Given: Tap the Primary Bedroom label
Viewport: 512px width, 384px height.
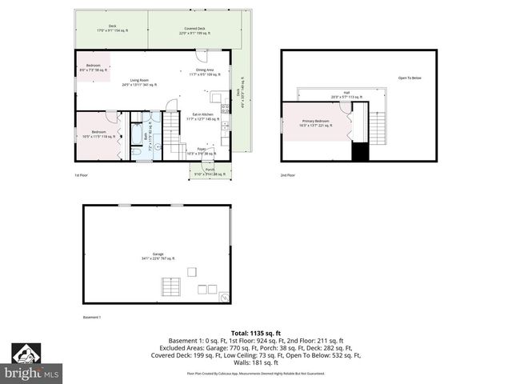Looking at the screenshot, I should click(314, 123).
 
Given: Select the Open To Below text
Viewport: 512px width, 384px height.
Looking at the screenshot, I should click(410, 78).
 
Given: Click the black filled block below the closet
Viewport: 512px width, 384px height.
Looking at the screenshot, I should click(360, 152).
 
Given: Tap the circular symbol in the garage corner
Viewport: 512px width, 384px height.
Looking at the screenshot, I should click(224, 297).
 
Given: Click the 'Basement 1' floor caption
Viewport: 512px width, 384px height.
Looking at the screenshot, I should click(93, 318).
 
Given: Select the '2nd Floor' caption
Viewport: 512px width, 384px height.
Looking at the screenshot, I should click(287, 175).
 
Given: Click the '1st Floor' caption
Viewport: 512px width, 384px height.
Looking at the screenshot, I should click(82, 175).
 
